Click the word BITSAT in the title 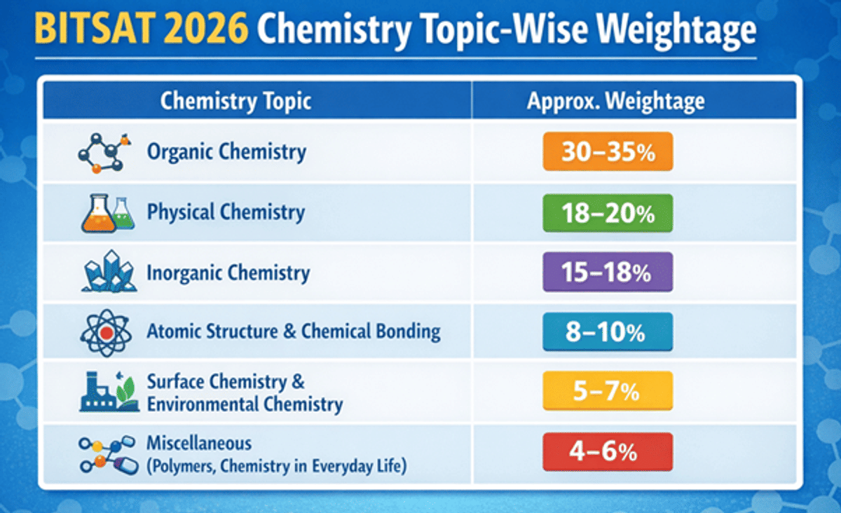click(x=95, y=29)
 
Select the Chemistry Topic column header click(x=235, y=101)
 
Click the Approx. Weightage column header click(x=616, y=101)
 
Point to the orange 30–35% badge click(x=608, y=151)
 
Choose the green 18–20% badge click(x=608, y=212)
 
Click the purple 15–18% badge click(x=608, y=272)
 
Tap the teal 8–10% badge click(x=608, y=331)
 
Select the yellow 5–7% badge click(x=608, y=391)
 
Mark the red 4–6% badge click(x=608, y=451)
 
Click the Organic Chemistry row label click(x=226, y=152)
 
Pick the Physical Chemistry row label click(x=226, y=212)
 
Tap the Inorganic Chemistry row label click(x=228, y=273)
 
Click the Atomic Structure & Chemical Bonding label click(x=294, y=331)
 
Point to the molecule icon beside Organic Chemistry click(x=104, y=153)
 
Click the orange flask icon click(x=98, y=213)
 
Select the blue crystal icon click(x=109, y=271)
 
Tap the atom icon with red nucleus click(x=107, y=333)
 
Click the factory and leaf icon click(x=109, y=392)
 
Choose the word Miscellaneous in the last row click(x=199, y=443)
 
